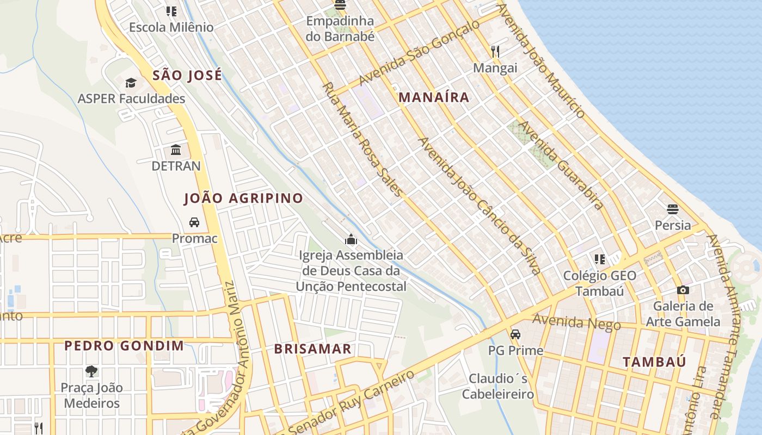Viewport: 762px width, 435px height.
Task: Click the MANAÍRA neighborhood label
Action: (434, 97)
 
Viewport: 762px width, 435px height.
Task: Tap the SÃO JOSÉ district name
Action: (187, 75)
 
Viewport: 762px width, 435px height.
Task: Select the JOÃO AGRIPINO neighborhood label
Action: (243, 198)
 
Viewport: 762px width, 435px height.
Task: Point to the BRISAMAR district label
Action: (313, 349)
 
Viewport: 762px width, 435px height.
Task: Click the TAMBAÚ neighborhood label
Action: (654, 362)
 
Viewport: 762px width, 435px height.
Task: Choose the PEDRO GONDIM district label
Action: (124, 346)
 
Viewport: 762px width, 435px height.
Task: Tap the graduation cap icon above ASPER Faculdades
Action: (131, 83)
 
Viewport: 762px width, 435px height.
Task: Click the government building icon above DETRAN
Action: (176, 150)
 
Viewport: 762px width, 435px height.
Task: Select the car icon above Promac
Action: (194, 222)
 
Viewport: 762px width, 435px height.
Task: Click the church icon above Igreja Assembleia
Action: (351, 239)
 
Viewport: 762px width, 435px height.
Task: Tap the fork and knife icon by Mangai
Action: (495, 52)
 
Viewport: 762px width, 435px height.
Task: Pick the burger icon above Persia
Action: (673, 209)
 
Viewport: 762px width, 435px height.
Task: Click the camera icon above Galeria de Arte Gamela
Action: (683, 290)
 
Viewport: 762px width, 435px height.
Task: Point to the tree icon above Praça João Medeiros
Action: (91, 371)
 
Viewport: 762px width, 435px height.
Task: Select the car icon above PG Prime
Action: (515, 334)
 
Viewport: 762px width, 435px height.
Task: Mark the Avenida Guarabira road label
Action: (560, 165)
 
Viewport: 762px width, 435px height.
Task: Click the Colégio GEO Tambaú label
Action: (600, 283)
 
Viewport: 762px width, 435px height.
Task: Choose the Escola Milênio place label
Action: (171, 27)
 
